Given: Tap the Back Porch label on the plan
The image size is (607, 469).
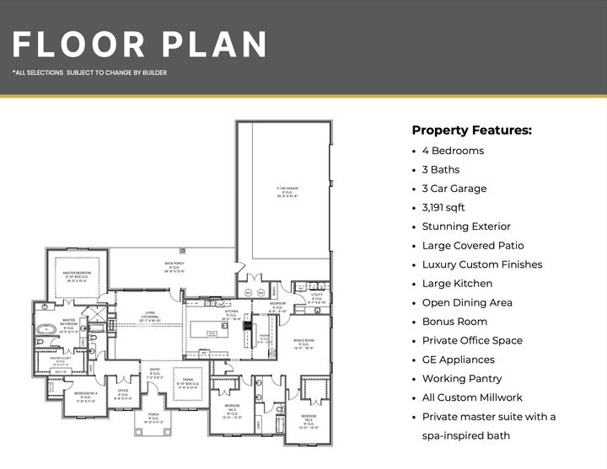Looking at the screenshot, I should [x=175, y=268].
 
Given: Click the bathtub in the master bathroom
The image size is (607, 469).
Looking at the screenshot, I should [x=44, y=327].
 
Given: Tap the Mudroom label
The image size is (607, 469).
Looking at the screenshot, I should [x=278, y=307].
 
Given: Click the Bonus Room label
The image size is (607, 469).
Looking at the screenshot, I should [x=304, y=344].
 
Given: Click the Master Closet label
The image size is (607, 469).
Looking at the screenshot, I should [x=60, y=360].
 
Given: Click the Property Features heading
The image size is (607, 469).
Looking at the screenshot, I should [x=471, y=131].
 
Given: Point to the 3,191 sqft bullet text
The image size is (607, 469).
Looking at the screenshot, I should [x=443, y=207].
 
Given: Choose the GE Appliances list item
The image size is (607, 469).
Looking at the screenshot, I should [x=462, y=360].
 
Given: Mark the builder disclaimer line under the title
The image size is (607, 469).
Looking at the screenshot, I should [x=89, y=73].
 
